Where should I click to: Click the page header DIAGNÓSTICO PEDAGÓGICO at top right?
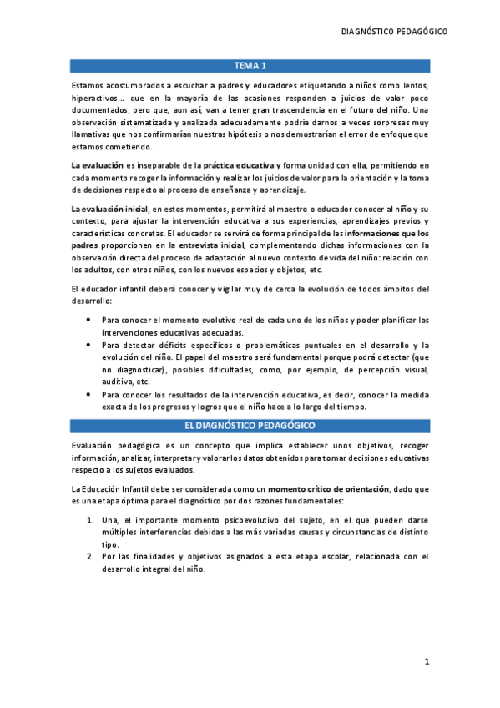coord(395,32)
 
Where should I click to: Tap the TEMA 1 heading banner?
coord(250,66)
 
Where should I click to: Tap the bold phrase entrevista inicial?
coord(206,247)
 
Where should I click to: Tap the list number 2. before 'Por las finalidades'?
coord(91,556)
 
